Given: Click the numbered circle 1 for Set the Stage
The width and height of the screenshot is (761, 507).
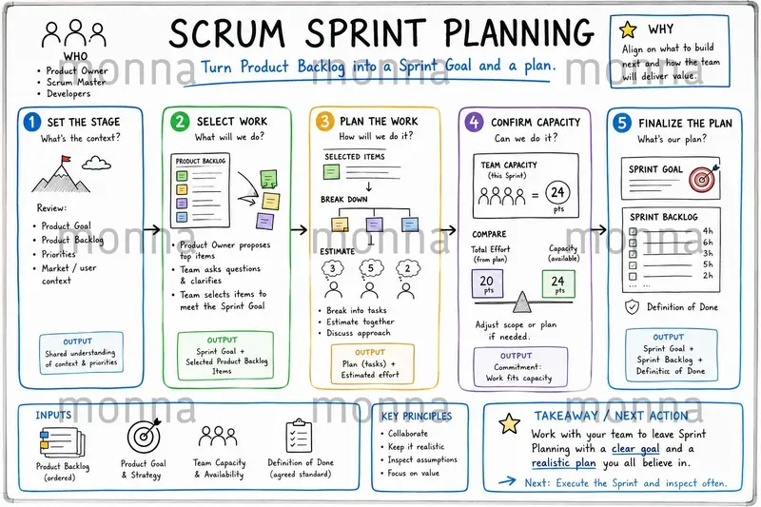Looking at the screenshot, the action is click(x=31, y=122).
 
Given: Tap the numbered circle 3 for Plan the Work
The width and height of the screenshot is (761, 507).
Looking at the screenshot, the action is click(x=324, y=122).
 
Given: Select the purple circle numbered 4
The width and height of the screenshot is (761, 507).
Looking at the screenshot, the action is click(x=474, y=122).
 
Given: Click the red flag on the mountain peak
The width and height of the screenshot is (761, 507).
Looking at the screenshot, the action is click(x=66, y=159).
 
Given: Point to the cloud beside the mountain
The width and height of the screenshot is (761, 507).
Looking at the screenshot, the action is click(x=96, y=163).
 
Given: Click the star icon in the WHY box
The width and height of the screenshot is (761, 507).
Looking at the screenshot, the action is click(x=628, y=30).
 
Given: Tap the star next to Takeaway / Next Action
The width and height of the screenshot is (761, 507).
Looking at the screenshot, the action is click(x=510, y=423).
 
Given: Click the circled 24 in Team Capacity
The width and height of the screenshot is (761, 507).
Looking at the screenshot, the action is click(x=557, y=192).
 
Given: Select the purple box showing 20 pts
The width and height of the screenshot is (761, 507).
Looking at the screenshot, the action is click(x=487, y=283).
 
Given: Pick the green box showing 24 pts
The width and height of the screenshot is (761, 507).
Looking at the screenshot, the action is click(x=558, y=283).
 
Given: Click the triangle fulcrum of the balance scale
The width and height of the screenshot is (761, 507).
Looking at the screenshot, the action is click(x=521, y=302).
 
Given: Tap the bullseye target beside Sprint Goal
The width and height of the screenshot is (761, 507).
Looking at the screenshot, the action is click(x=703, y=179).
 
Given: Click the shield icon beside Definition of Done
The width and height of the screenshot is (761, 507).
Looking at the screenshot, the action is click(x=632, y=307).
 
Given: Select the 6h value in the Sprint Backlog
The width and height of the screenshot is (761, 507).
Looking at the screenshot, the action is click(x=708, y=243).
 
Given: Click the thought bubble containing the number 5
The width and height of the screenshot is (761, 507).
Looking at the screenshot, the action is click(x=371, y=268).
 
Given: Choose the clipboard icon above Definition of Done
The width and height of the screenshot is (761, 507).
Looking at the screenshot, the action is click(x=298, y=436).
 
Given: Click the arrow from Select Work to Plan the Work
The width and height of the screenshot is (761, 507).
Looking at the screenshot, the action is click(x=299, y=229).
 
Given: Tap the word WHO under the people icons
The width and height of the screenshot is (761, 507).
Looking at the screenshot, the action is click(x=75, y=56).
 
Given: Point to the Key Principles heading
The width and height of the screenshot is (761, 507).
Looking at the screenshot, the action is click(x=417, y=417).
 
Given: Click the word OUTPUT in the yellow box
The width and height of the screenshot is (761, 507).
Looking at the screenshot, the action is click(x=370, y=352).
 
